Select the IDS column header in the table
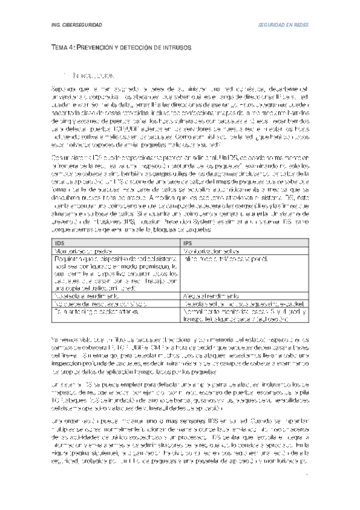[58, 242]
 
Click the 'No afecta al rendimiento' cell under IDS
[84, 296]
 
